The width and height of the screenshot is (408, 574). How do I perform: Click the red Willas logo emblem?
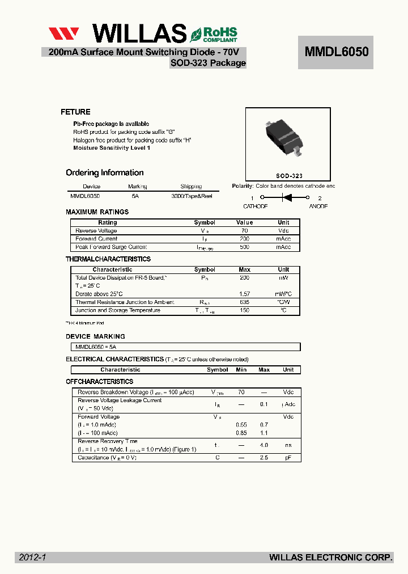coord(63,33)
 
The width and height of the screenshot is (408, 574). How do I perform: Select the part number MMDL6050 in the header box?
coord(337,52)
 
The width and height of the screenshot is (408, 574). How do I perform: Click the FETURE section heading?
coord(75,112)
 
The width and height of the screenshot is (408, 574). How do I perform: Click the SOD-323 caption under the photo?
coord(289,176)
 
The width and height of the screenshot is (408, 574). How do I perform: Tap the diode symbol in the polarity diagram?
coord(286,198)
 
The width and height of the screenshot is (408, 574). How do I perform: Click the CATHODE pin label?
coord(255,206)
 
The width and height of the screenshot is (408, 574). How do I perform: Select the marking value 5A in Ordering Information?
coord(135,195)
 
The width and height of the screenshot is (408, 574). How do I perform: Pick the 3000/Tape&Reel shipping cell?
coord(191,195)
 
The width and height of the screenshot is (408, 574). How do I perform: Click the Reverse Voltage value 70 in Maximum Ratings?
coord(244,231)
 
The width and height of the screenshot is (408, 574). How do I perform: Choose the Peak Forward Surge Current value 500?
coord(244,247)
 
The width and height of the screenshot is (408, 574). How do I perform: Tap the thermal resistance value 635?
coord(244,302)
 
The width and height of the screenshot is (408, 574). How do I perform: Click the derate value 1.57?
coord(244,294)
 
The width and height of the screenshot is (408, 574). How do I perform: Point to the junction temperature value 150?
coord(244,310)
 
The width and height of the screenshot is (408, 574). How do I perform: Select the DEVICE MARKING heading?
coord(95,336)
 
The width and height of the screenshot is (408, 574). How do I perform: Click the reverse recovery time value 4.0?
coord(263,445)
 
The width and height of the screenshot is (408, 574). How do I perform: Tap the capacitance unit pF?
coord(288,457)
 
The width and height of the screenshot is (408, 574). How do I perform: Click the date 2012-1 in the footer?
coord(32,558)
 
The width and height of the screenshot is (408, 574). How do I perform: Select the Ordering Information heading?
coord(104,172)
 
